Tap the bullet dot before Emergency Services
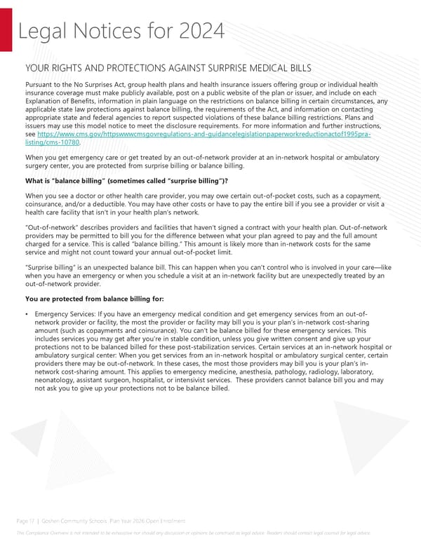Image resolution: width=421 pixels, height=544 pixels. [x=26, y=313]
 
